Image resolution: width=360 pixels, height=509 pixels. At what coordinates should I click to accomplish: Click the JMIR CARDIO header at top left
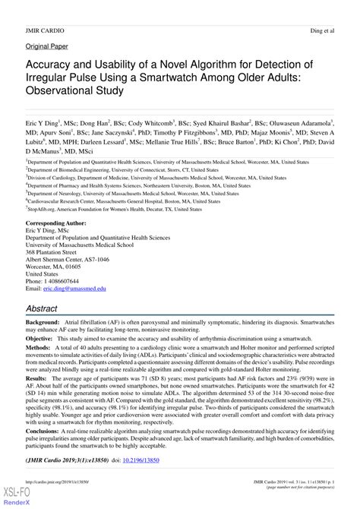44,30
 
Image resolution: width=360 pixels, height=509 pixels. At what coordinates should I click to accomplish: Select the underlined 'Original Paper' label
46,46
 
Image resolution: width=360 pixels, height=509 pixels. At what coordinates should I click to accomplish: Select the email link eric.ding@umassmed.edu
68,289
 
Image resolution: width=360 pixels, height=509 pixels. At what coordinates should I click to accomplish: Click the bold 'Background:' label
47,324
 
